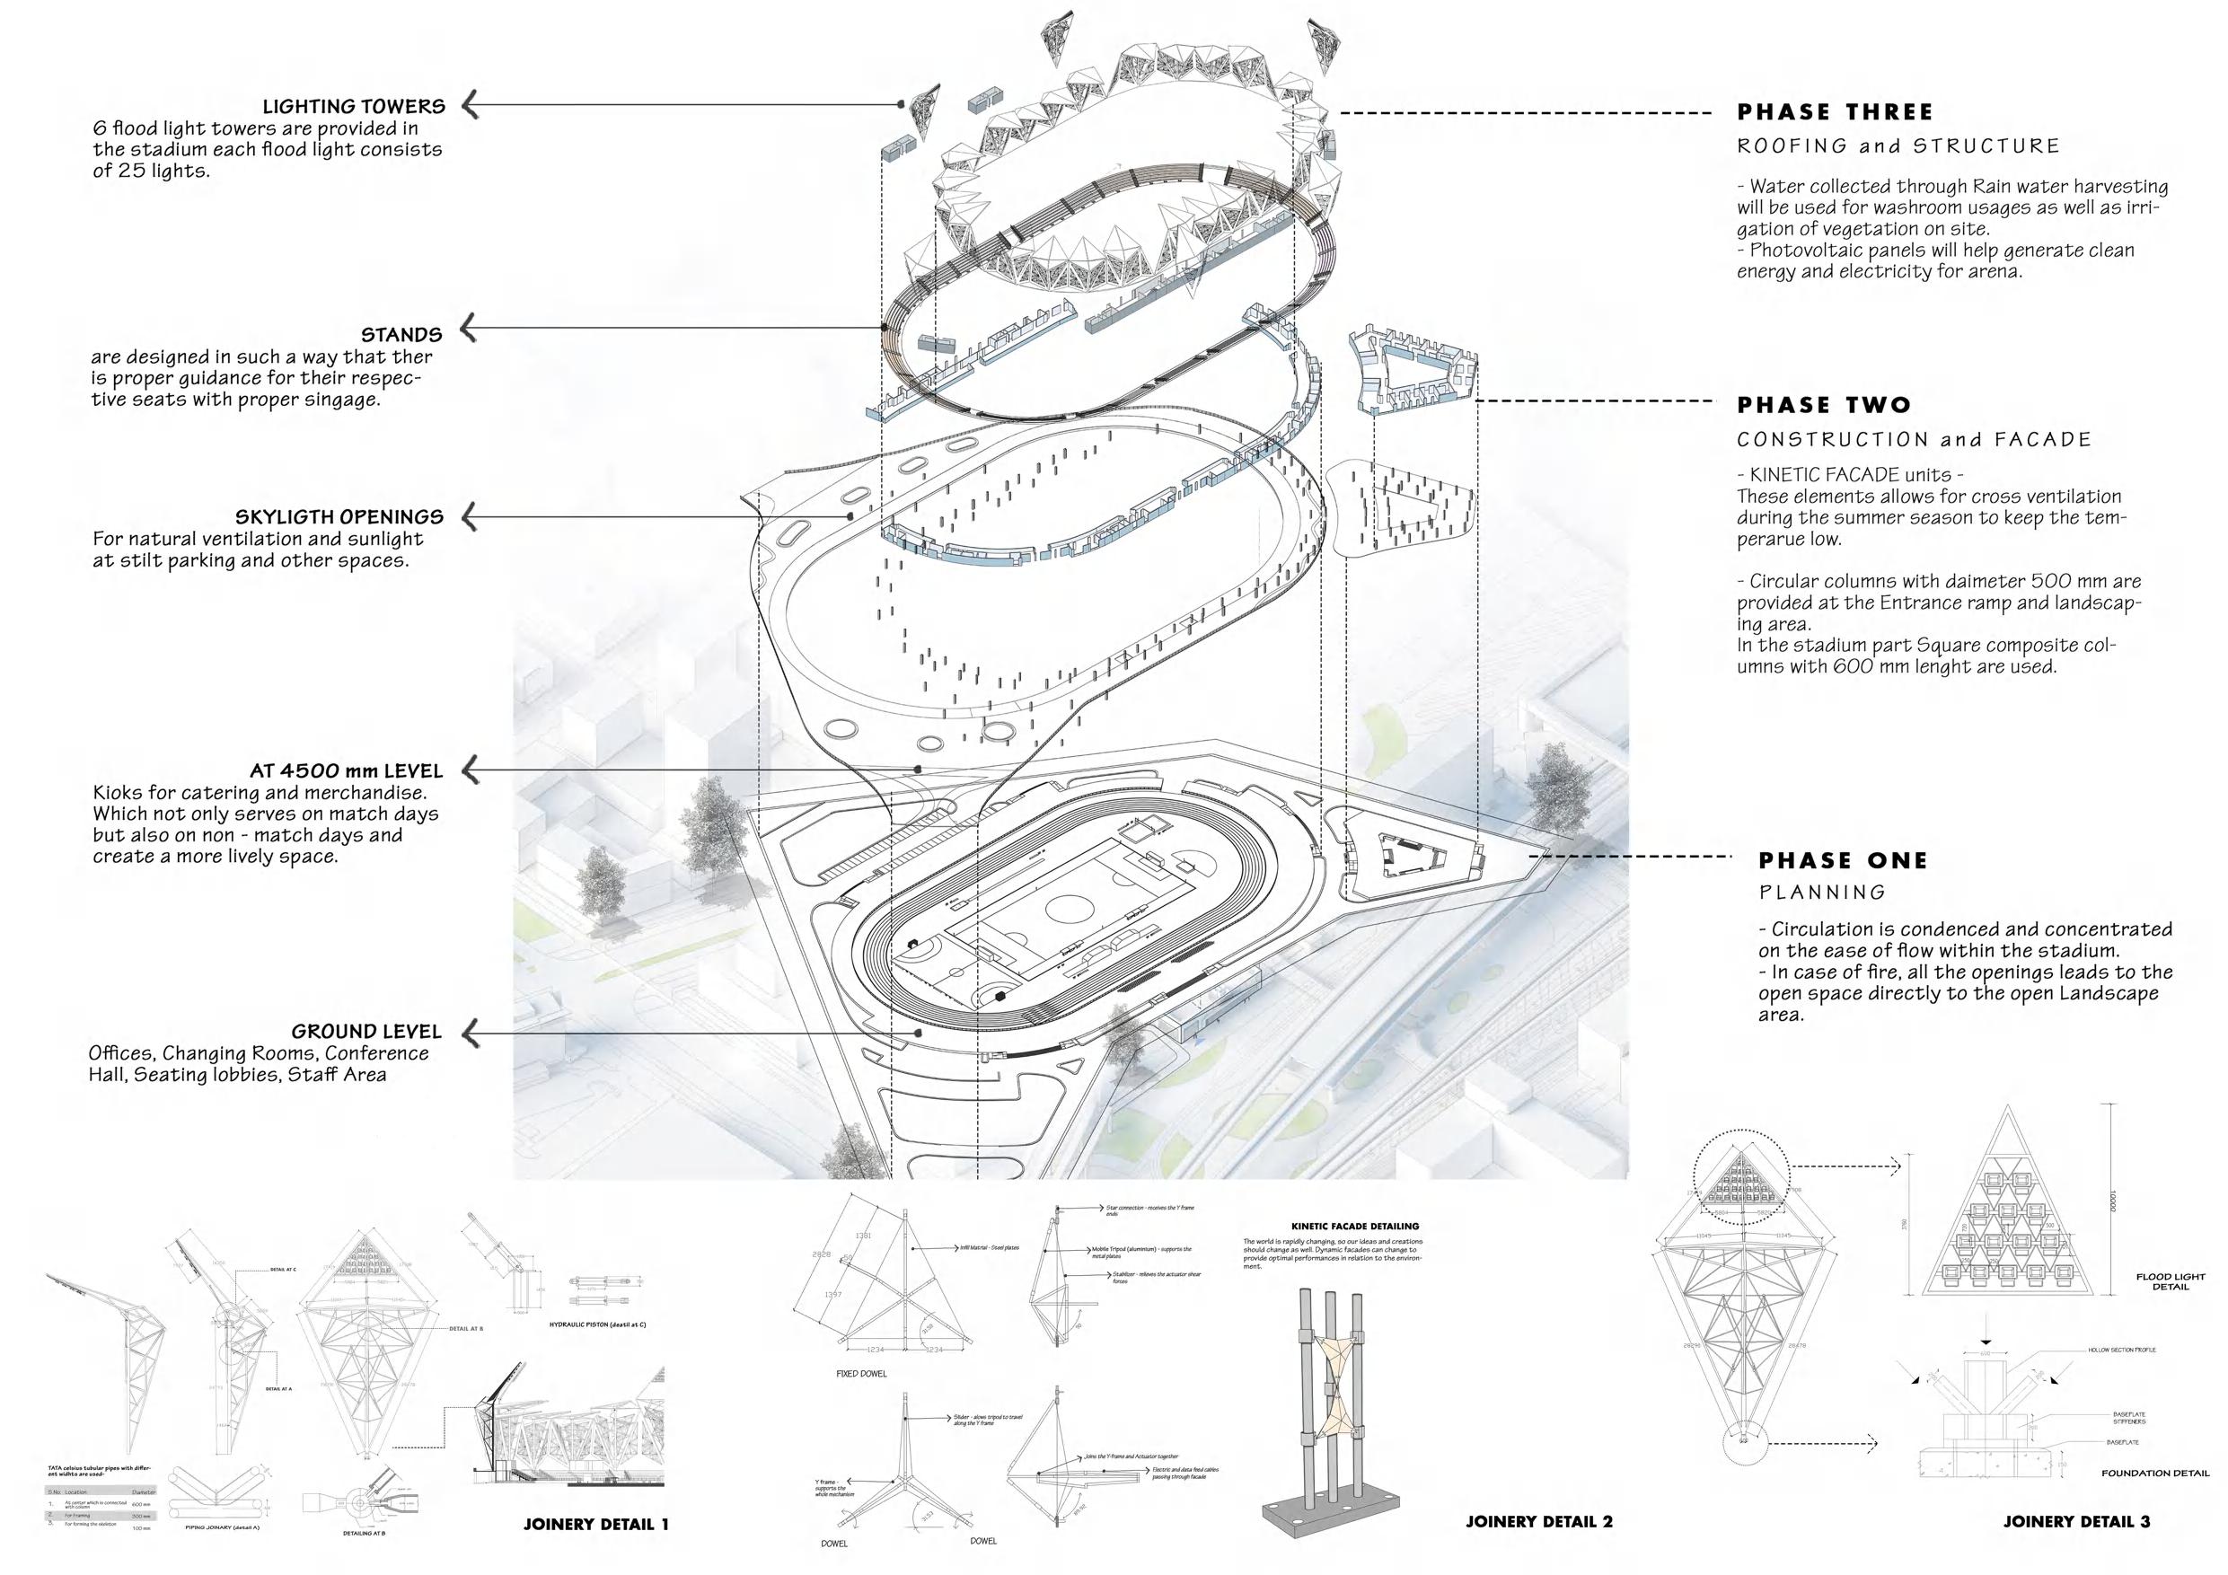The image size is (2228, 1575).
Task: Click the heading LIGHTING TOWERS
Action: [353, 107]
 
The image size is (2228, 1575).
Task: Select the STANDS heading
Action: [401, 335]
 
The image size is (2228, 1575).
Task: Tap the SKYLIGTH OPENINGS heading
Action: [339, 517]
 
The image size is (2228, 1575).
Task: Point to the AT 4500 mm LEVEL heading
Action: [346, 771]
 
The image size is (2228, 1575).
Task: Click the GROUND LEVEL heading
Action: [365, 1032]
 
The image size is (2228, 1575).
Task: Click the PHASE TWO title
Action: [1823, 406]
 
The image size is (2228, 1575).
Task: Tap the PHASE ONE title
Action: [1843, 861]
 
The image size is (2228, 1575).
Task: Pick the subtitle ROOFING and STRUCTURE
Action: [1898, 146]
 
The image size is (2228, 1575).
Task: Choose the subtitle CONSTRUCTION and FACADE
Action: [1914, 440]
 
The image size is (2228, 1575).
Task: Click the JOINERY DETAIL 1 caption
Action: [595, 1525]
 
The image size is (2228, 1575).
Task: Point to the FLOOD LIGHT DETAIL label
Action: [2170, 1282]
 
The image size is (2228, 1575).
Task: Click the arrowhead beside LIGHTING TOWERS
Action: [471, 105]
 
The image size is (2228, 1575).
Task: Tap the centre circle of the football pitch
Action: [1068, 910]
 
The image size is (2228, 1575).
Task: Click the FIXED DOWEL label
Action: [860, 1374]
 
